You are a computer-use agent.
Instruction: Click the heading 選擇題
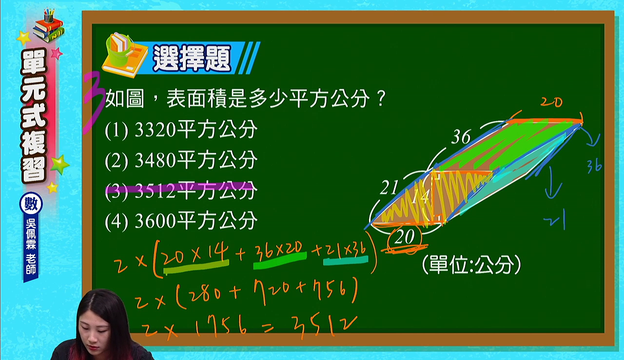click(x=192, y=58)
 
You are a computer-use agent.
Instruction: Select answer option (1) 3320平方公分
click(x=181, y=129)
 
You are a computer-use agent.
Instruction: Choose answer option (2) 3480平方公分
click(x=181, y=160)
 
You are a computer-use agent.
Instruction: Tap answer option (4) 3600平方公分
click(x=181, y=220)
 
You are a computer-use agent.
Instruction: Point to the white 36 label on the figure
click(x=461, y=137)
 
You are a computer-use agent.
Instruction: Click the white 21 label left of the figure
click(x=389, y=187)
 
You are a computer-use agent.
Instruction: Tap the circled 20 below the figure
click(x=405, y=238)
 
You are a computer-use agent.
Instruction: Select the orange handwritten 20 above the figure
click(x=551, y=102)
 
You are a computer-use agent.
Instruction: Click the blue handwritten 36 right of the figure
click(x=594, y=166)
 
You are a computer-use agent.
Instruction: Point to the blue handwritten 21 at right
click(x=555, y=220)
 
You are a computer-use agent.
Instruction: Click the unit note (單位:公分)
click(x=471, y=264)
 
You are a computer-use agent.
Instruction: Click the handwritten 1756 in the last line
click(x=221, y=326)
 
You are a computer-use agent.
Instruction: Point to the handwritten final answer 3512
click(x=323, y=326)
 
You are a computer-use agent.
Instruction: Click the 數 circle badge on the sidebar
click(x=31, y=204)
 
